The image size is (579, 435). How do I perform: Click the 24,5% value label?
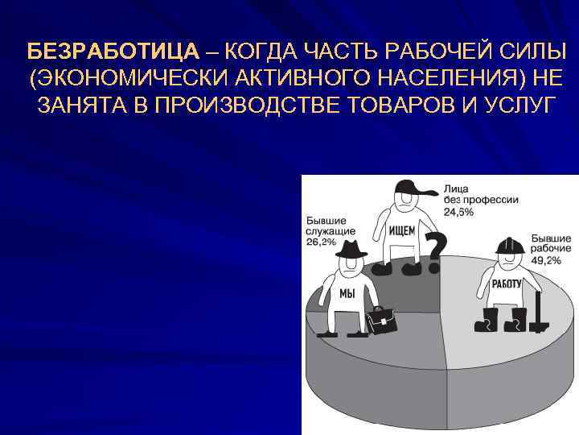pos(458,212)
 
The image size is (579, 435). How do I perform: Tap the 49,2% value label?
pos(544,260)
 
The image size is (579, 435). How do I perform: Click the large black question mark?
pos(435,250)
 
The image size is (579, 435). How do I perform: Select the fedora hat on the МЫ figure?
pos(351,251)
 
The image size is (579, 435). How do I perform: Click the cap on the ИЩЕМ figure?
pos(410,187)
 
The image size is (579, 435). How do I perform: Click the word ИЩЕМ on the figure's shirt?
pos(402,230)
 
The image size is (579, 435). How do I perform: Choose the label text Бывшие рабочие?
pos(550,244)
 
